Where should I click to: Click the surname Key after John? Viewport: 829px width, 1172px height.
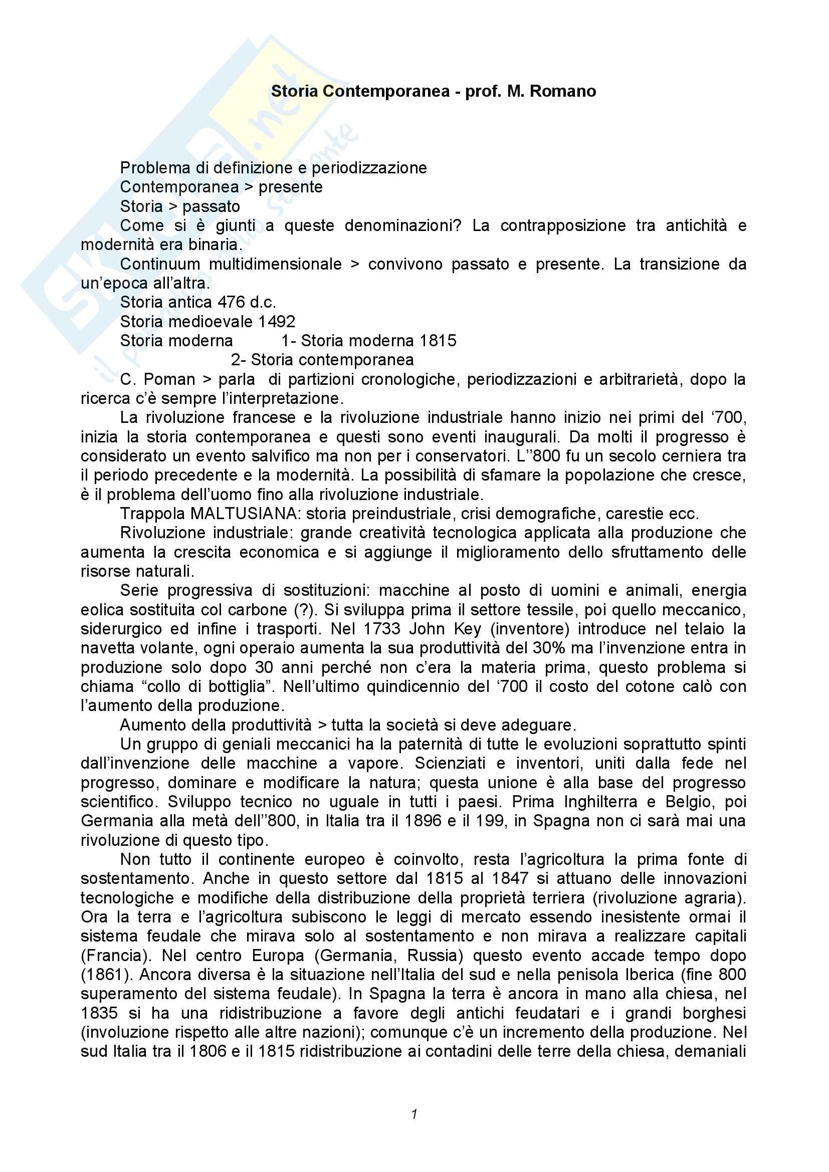coord(468,629)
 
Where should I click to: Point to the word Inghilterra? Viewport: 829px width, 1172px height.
coord(600,802)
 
